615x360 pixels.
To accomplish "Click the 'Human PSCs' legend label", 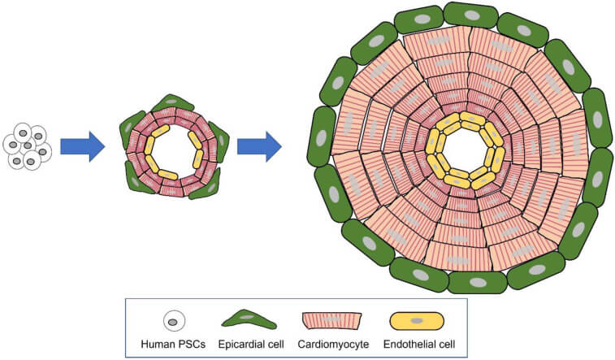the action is click(x=173, y=345).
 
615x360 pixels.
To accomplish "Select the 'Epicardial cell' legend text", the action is click(x=251, y=345).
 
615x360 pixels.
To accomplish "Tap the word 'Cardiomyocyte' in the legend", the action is click(x=333, y=345).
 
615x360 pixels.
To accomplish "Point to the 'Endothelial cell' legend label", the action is click(x=419, y=345).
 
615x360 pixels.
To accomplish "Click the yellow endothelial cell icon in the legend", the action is click(x=417, y=321).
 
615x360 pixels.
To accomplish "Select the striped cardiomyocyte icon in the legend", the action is click(x=331, y=321).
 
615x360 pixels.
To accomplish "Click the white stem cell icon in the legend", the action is click(x=174, y=321).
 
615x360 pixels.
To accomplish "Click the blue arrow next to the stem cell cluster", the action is click(x=82, y=146).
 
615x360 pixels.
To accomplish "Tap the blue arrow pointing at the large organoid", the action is click(x=259, y=146).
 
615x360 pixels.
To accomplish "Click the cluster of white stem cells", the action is click(x=27, y=146).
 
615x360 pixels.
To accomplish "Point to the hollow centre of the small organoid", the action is click(x=173, y=151).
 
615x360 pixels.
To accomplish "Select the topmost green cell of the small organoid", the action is click(x=172, y=102).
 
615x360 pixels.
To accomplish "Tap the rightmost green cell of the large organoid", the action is click(x=598, y=119).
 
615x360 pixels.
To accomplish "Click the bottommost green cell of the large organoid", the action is click(x=478, y=282).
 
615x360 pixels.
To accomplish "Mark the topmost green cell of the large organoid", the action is click(x=470, y=15).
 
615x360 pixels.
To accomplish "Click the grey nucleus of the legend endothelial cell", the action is click(x=417, y=321).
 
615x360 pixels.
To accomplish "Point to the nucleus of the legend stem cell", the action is click(x=172, y=322).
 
